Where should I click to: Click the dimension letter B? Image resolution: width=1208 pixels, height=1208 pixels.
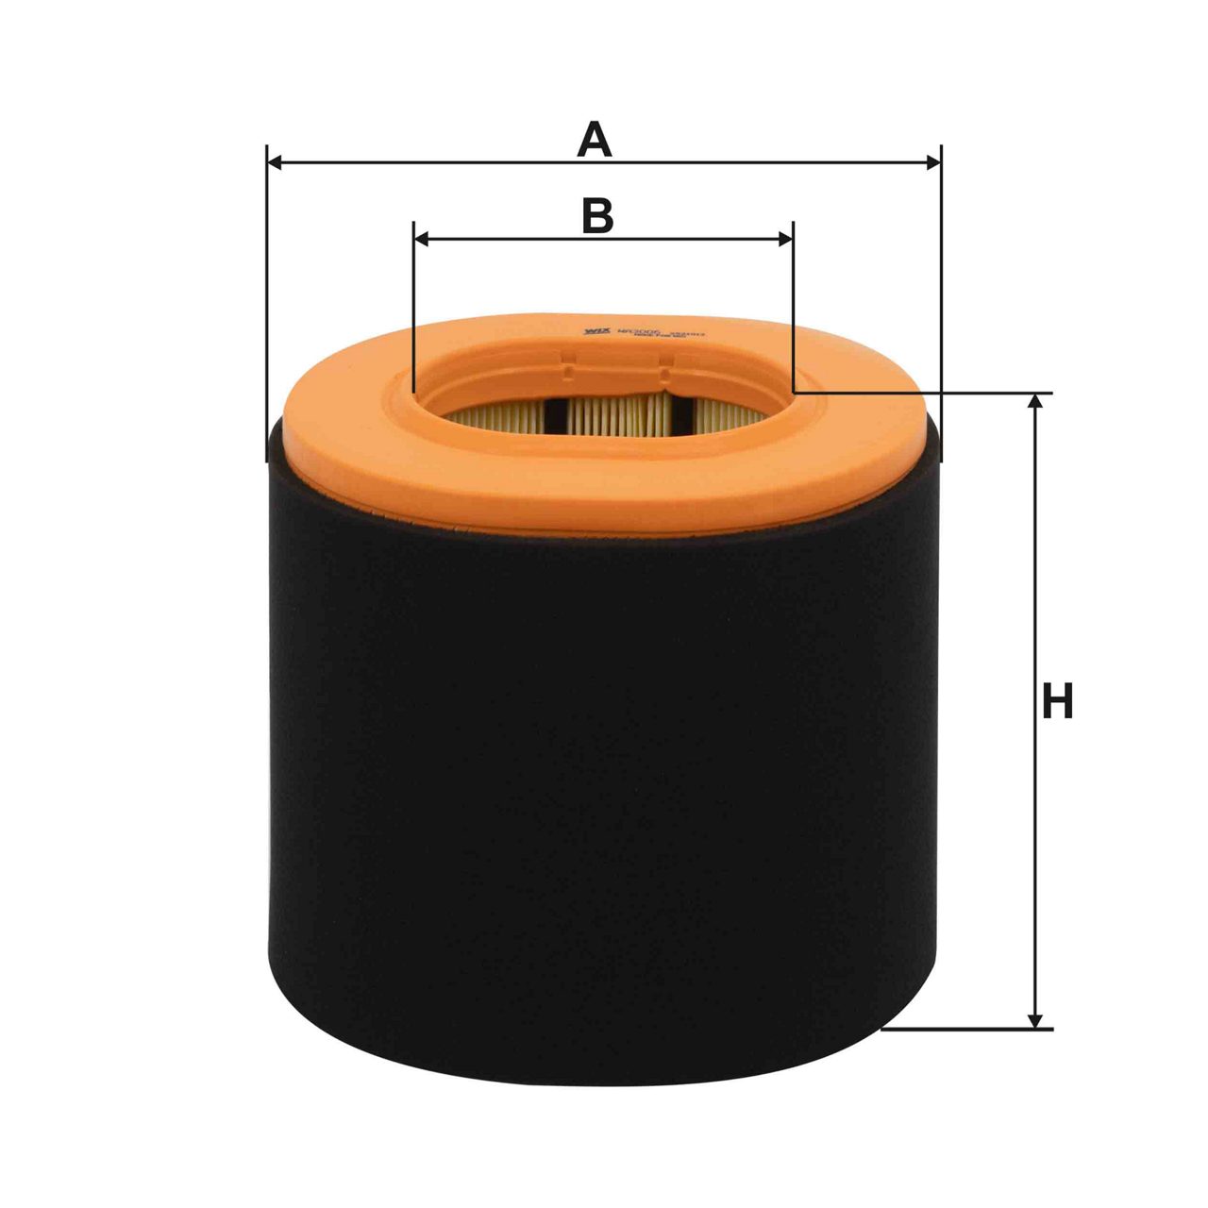pyautogui.click(x=596, y=216)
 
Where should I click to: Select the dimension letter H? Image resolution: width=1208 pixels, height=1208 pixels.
pyautogui.click(x=1057, y=703)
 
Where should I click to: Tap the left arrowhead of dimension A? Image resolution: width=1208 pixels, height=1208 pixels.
pyautogui.click(x=276, y=163)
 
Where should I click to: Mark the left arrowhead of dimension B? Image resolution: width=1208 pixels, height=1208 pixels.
pyautogui.click(x=423, y=240)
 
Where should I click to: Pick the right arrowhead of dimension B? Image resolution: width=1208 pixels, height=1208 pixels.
pyautogui.click(x=784, y=240)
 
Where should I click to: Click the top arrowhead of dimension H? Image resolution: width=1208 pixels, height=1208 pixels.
pyautogui.click(x=1036, y=402)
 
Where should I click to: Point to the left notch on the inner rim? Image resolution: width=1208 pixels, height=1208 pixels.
pyautogui.click(x=569, y=362)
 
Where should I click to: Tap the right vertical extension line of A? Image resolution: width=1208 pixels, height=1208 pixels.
pyautogui.click(x=941, y=283)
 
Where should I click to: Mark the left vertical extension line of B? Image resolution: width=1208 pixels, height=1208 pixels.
pyautogui.click(x=414, y=311)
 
